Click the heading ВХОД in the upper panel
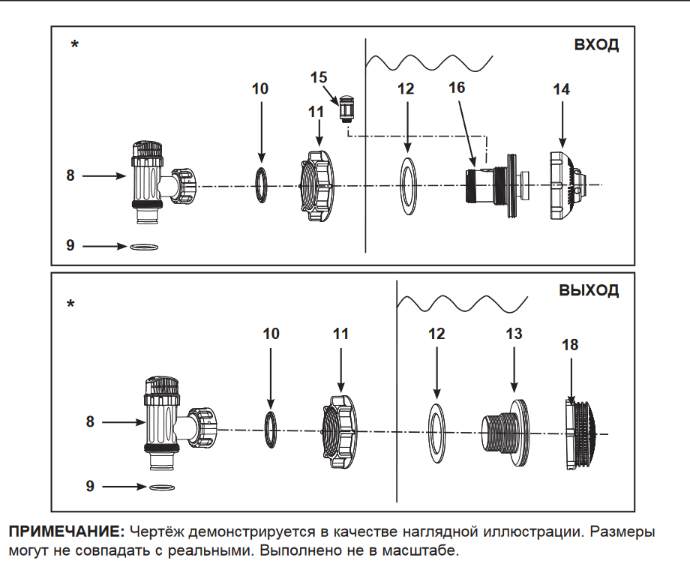tap(596, 45)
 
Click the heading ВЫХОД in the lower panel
tap(589, 291)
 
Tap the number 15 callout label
tap(318, 77)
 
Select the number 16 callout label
tap(457, 88)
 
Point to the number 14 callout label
tap(561, 89)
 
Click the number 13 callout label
tap(514, 334)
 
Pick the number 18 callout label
tap(570, 345)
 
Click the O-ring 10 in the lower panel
tap(271, 428)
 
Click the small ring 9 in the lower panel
tap(159, 487)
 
